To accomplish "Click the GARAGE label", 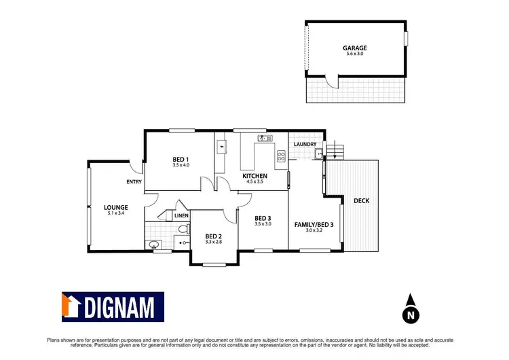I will point(355,48).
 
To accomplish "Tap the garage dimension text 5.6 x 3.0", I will point(355,54).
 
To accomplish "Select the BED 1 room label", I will point(181,159).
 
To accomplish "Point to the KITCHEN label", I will point(255,176).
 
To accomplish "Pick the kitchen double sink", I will point(264,139).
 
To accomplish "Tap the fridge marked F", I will point(221,145).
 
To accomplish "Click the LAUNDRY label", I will point(305,144).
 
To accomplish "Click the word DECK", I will point(360,200).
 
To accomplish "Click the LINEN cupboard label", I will point(181,215).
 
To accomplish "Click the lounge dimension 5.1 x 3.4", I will point(117,213).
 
